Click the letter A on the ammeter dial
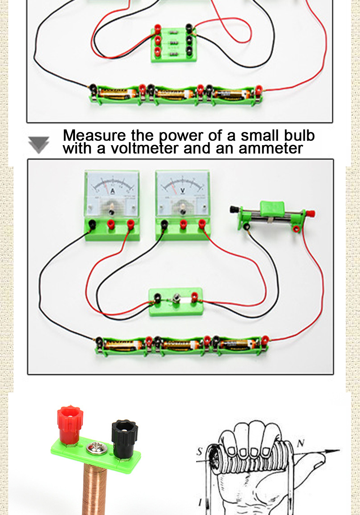click(112, 191)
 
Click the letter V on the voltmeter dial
click(183, 191)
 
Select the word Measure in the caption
click(94, 135)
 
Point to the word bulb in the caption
click(299, 135)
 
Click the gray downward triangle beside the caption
click(39, 145)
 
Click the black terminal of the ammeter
click(91, 224)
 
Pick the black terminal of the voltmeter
click(164, 224)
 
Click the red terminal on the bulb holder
click(194, 297)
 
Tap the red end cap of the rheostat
click(310, 214)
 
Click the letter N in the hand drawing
click(301, 444)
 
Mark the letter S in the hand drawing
click(199, 452)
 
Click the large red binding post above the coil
click(70, 422)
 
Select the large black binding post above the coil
click(124, 435)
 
